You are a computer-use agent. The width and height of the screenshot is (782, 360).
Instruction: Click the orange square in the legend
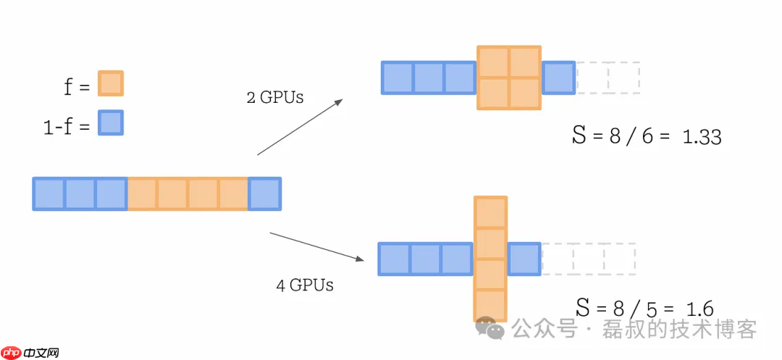111,83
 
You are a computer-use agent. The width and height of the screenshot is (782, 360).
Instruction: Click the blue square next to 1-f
111,122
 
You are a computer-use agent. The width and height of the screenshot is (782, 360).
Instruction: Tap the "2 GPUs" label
274,97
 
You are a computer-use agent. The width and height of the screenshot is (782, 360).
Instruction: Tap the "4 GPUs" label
304,285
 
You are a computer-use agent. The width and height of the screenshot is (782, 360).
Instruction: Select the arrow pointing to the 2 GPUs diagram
300,127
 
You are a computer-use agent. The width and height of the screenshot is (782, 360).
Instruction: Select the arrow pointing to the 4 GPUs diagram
316,246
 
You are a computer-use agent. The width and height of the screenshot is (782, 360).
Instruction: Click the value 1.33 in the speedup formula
702,136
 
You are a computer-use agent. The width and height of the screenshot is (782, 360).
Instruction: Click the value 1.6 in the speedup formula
699,309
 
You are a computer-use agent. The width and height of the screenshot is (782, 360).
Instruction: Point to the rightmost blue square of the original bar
264,194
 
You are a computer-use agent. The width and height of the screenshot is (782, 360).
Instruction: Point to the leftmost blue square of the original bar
49,194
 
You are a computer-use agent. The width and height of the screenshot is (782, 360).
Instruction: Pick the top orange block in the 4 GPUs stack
490,212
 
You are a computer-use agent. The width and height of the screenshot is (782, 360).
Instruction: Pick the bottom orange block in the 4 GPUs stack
490,305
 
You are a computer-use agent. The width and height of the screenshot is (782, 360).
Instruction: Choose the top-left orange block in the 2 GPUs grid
493,62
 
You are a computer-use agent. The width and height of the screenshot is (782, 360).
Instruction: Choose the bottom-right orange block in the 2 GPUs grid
525,93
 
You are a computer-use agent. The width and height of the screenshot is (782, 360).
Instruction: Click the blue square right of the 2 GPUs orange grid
558,78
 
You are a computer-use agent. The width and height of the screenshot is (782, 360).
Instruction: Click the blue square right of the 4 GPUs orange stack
524,259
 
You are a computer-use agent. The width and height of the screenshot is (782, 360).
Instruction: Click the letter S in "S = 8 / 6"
579,135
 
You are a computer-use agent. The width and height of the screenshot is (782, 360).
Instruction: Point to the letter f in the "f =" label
69,87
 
